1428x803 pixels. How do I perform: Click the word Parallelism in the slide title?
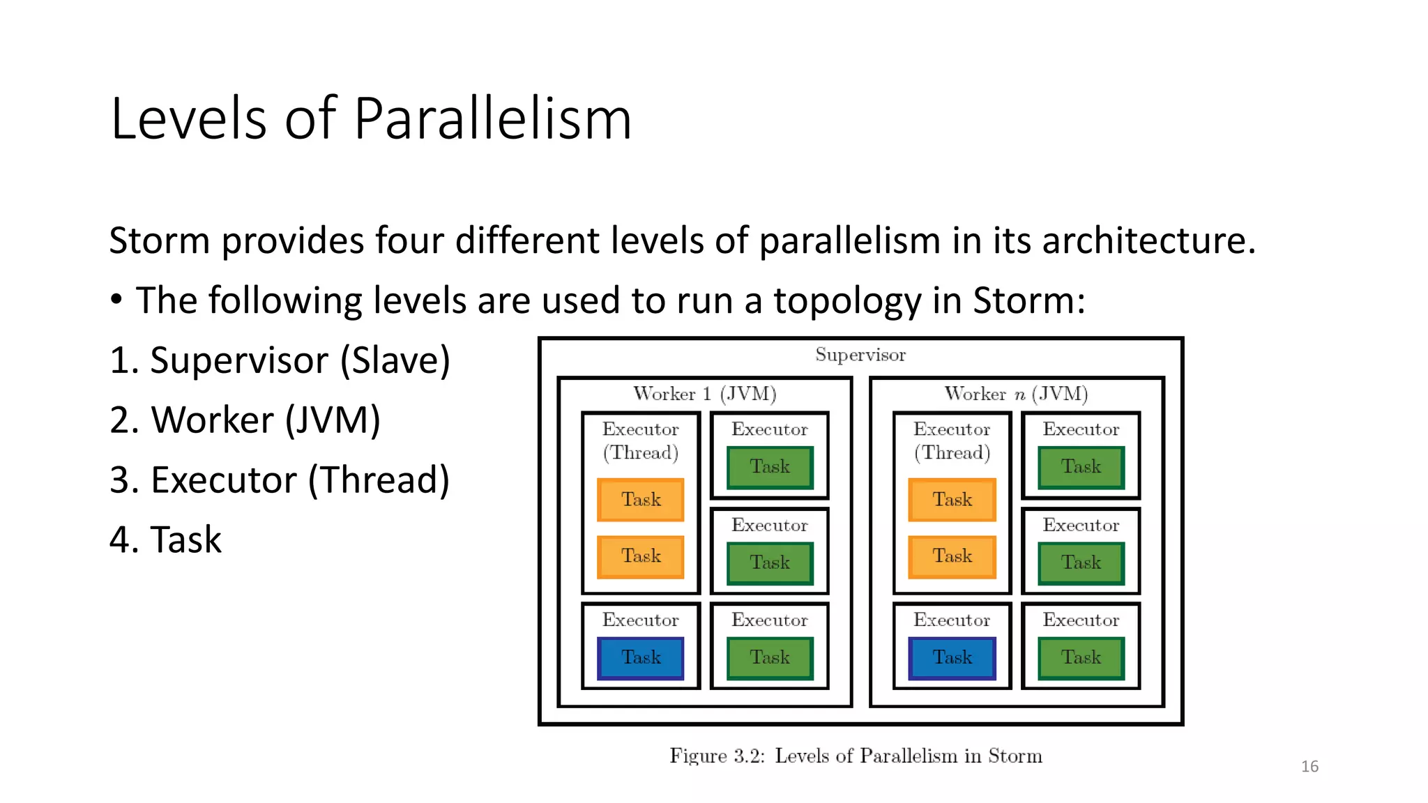click(492, 118)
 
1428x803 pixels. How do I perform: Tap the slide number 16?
click(1309, 767)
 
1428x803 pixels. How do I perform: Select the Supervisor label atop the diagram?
click(860, 355)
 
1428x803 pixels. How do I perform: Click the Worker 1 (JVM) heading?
click(704, 394)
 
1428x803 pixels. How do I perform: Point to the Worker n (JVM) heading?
click(1016, 394)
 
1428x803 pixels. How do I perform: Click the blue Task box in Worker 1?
click(641, 657)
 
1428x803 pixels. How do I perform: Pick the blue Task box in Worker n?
click(952, 657)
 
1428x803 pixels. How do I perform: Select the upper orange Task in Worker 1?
click(641, 500)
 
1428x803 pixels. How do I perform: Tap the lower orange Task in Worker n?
click(952, 556)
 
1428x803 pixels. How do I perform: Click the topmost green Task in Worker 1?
click(770, 467)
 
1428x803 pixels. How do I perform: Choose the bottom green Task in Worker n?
click(1081, 657)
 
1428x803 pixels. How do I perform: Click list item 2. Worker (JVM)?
click(245, 420)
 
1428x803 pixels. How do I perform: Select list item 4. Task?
click(165, 540)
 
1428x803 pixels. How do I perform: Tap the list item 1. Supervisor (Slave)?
click(280, 360)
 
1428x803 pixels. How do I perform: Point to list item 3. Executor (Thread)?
click(280, 480)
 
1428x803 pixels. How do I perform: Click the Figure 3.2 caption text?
click(856, 756)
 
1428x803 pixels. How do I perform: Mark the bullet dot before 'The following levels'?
click(116, 300)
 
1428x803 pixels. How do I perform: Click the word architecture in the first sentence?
click(1148, 240)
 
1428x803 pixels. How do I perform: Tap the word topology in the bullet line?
click(847, 301)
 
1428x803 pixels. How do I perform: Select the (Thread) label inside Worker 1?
click(641, 453)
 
